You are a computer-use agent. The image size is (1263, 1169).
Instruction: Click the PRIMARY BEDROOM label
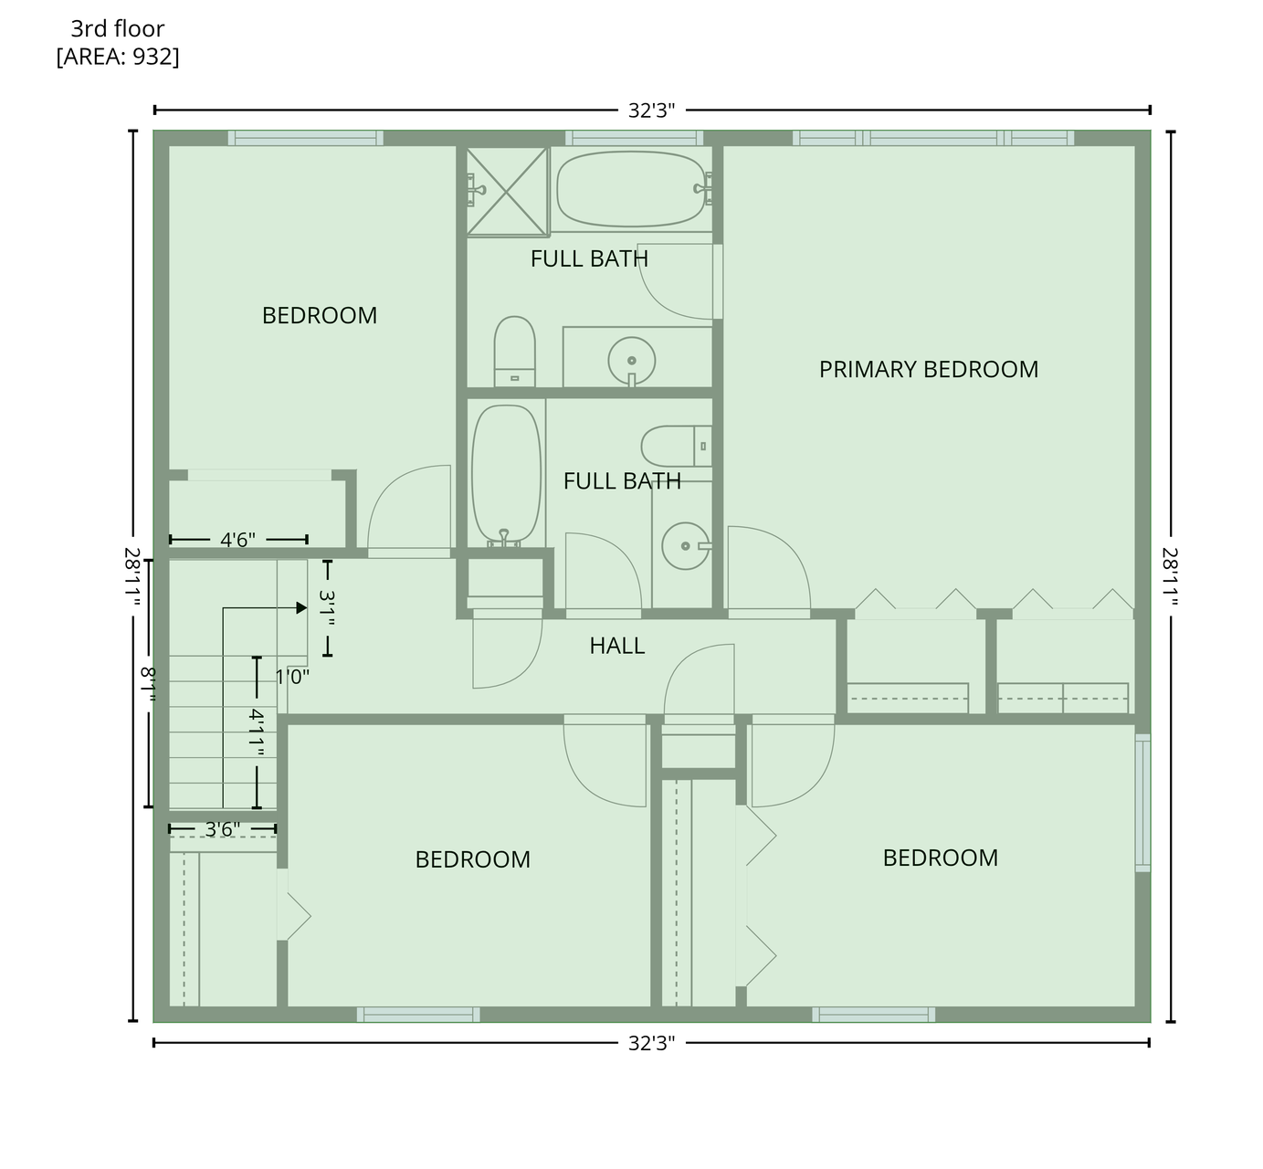coord(929,369)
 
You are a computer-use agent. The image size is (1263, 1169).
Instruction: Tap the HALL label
coord(616,646)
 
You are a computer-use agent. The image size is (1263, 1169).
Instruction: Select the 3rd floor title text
coord(117,28)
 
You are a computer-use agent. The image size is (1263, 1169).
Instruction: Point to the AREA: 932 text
coord(118,57)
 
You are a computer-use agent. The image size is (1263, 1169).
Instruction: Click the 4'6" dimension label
coord(237,540)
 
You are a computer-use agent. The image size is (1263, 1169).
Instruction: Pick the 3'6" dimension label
coord(223,828)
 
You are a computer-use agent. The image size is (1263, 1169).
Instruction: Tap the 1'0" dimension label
coord(292,677)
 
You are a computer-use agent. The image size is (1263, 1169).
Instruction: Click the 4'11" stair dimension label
coord(257,732)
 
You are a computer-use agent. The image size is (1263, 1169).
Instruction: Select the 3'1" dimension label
coord(327,607)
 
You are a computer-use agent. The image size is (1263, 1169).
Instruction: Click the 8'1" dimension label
coord(148,684)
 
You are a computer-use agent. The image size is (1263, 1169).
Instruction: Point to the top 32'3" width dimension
coord(651,111)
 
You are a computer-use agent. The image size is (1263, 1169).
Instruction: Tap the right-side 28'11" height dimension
coord(1170,576)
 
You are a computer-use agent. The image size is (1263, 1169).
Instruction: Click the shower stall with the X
coord(507,192)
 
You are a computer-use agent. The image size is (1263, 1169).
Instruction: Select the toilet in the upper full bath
coord(514,351)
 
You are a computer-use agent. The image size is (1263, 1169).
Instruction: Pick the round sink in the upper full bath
coord(632,361)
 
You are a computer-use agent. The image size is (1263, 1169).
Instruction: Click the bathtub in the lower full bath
coord(506,474)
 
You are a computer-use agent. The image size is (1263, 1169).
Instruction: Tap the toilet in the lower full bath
coord(676,446)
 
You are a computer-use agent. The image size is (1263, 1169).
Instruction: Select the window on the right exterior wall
coord(1142,803)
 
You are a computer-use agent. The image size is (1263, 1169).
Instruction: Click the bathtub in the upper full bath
coord(632,189)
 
